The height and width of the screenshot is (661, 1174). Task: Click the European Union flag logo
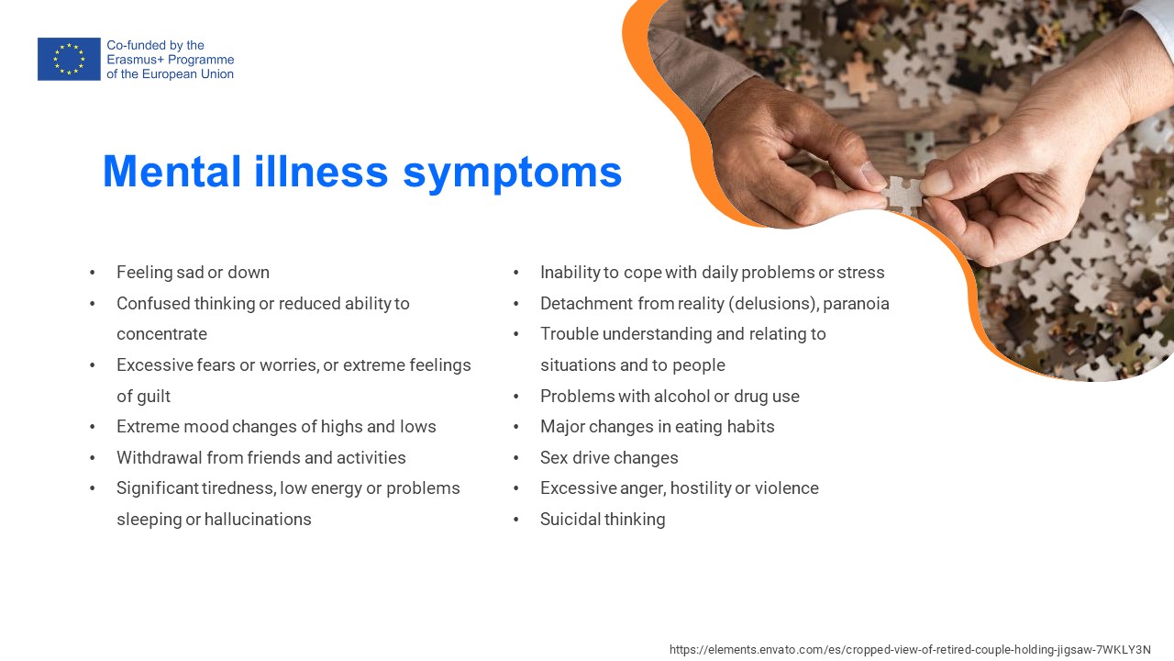(69, 59)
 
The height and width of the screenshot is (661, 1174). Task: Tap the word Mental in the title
(172, 171)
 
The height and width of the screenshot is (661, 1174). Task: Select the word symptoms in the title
(512, 174)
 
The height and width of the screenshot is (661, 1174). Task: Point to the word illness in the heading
(321, 171)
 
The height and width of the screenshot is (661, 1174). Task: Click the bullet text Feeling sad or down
(193, 273)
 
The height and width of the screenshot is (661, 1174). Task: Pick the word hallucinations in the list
(258, 519)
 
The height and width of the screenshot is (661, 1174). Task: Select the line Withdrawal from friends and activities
(261, 457)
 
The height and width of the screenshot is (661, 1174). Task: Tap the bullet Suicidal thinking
(603, 519)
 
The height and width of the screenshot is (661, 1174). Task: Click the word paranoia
(856, 304)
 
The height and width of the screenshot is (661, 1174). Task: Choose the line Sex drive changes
(609, 457)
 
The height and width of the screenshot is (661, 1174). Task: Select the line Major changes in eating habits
(658, 427)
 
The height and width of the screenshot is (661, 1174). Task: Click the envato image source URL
(910, 649)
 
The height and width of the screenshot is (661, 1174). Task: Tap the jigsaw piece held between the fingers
(903, 193)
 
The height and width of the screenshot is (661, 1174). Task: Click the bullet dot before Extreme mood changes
(93, 427)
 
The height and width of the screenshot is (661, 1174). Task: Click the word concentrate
(162, 334)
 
